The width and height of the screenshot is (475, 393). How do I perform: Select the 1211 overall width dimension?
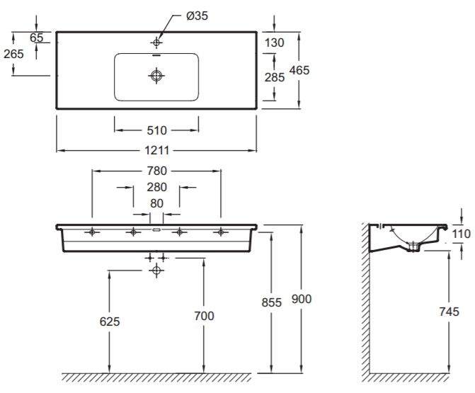pos(156,151)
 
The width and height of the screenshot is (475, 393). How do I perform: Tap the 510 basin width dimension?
pos(156,130)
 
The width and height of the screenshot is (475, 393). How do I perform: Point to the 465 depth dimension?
pos(299,70)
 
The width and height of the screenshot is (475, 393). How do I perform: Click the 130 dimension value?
pos(274,42)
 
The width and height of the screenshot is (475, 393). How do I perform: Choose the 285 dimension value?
pos(274,77)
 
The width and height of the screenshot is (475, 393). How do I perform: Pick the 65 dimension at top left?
pos(37,38)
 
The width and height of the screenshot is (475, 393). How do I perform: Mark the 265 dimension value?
pos(13,54)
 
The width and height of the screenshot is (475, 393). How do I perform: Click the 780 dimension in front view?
pos(156,171)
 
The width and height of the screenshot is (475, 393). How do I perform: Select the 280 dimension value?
pos(156,188)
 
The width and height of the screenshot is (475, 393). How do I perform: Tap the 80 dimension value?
pos(156,203)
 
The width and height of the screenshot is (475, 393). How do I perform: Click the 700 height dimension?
pos(203,316)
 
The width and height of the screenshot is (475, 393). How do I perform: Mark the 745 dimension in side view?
pos(449,311)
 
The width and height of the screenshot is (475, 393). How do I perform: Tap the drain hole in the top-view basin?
pos(156,74)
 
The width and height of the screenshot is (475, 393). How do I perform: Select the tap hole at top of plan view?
pos(156,42)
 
